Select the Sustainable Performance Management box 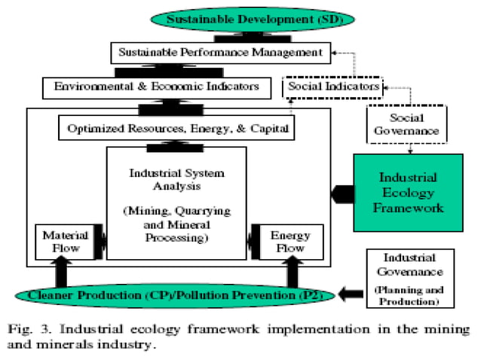tap(220, 53)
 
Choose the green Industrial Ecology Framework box tap(408, 192)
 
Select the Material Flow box tap(66, 241)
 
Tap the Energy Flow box tap(290, 241)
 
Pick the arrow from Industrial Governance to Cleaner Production tap(351, 294)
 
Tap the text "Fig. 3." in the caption tap(39, 329)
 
